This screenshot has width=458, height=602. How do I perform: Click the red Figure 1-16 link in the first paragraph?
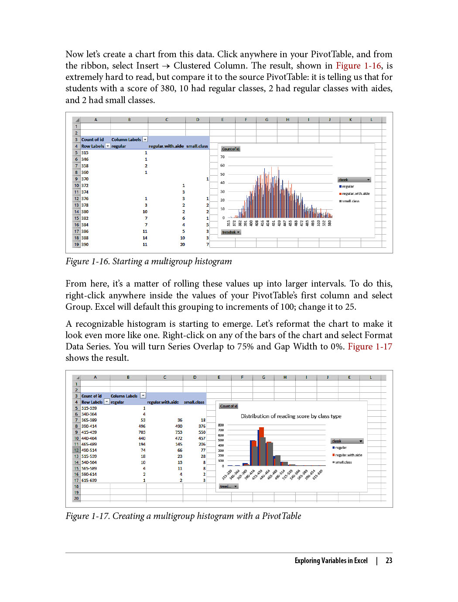(358, 66)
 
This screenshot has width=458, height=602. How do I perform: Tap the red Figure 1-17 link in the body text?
(369, 347)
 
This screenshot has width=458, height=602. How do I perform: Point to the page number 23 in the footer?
(389, 560)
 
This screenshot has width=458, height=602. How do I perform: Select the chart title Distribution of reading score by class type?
(291, 416)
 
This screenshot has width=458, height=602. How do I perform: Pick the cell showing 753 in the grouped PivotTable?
(179, 432)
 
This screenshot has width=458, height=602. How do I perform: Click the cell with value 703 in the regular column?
(142, 432)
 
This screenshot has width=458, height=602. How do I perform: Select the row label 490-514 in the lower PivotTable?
(89, 450)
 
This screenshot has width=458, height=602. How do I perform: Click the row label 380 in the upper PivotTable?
(85, 212)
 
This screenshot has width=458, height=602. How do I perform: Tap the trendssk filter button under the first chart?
(231, 232)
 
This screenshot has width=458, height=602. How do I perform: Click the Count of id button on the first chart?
(231, 149)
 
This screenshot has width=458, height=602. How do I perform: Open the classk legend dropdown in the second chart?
(360, 441)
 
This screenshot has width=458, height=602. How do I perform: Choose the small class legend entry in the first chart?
(350, 201)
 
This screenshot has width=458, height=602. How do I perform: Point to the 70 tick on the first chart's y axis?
(222, 157)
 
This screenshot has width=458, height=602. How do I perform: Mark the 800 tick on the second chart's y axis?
(221, 425)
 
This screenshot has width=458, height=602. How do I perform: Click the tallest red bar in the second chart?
(262, 446)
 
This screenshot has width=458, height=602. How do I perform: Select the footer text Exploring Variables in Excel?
(331, 560)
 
